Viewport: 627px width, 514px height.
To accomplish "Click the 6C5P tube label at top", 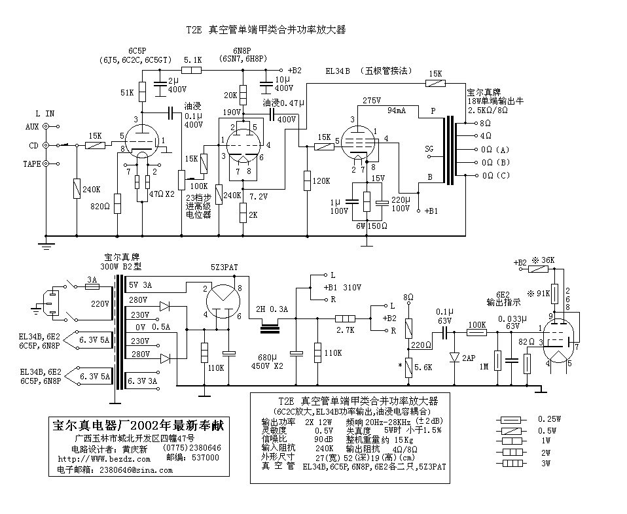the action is point(137,51).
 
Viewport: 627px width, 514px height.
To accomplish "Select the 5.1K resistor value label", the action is point(192,60).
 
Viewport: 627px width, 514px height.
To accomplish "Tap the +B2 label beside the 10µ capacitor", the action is point(295,71).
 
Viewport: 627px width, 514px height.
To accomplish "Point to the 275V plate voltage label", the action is point(372,100).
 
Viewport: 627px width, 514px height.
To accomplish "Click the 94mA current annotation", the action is point(396,110).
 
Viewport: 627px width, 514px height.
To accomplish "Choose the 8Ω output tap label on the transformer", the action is point(485,123).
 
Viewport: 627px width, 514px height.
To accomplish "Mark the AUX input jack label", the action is point(32,127).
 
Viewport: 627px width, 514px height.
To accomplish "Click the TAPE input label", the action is point(31,164).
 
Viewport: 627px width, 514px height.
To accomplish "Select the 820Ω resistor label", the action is point(100,206).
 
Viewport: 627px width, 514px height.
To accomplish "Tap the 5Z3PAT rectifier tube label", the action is point(224,267).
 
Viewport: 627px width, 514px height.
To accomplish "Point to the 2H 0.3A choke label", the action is point(272,309).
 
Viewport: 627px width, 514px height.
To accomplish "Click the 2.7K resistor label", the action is point(345,330).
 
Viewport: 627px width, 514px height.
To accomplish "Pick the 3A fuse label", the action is point(92,279).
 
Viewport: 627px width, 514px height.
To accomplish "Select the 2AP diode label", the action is point(468,358).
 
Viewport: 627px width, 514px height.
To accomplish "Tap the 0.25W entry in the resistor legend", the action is point(549,419).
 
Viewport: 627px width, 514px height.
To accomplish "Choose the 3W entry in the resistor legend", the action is point(546,464).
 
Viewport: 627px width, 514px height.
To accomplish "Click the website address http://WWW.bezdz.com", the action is point(104,459).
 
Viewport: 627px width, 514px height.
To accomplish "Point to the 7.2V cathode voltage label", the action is point(259,197).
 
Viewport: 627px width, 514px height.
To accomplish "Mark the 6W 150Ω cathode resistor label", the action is point(372,226).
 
